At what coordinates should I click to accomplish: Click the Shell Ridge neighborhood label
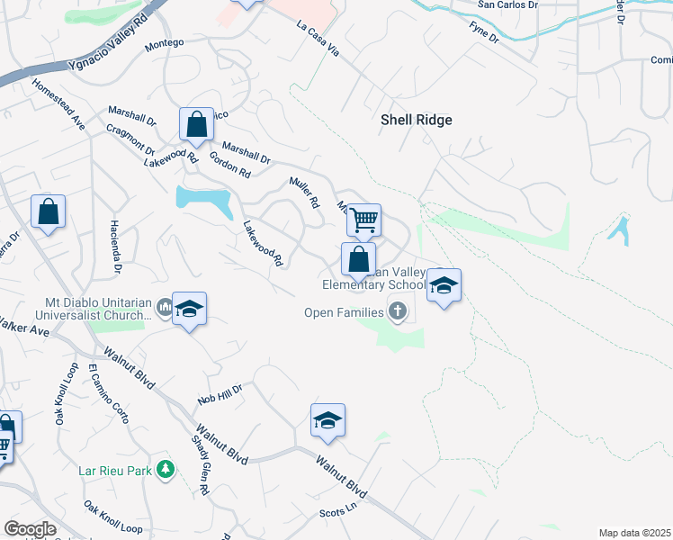416,120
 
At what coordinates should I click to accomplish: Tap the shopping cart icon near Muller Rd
363,219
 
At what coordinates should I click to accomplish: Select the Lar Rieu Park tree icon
165,469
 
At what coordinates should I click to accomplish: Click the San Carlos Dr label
507,4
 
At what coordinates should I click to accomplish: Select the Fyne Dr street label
483,34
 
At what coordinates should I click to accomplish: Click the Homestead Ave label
58,104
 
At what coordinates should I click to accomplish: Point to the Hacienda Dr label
116,246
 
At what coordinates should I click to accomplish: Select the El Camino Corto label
107,394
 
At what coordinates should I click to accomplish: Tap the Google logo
29,529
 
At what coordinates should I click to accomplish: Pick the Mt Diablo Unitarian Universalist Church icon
164,309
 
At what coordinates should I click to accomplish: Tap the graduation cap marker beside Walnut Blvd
328,420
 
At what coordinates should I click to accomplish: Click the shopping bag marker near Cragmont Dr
196,126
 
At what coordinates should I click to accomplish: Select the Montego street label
164,42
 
